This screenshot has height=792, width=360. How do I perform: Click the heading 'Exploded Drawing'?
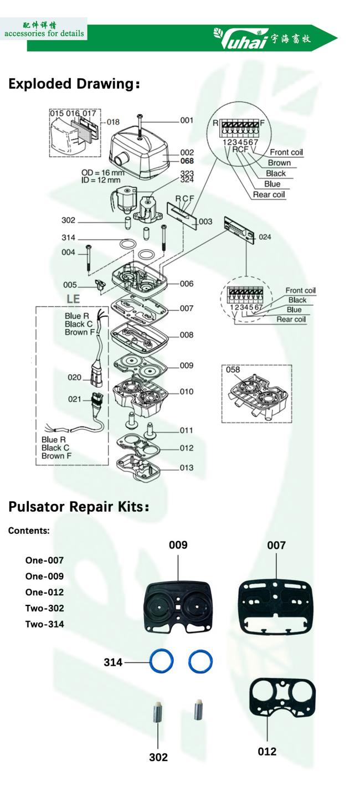pyautogui.click(x=74, y=84)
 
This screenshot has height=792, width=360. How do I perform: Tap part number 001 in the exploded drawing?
pyautogui.click(x=187, y=120)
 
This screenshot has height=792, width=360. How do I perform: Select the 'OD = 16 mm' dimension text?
pyautogui.click(x=103, y=173)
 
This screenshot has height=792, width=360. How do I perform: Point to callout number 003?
pyautogui.click(x=205, y=222)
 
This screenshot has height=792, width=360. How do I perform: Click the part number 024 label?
pyautogui.click(x=265, y=237)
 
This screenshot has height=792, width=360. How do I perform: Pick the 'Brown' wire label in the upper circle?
pyautogui.click(x=279, y=163)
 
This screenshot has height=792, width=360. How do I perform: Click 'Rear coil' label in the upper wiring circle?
pyautogui.click(x=269, y=194)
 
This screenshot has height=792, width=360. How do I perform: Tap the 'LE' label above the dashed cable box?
pyautogui.click(x=73, y=299)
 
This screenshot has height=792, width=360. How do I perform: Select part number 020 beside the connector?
pyautogui.click(x=74, y=377)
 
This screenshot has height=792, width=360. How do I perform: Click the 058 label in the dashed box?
pyautogui.click(x=233, y=369)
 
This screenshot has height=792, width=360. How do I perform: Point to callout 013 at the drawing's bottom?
pyautogui.click(x=187, y=467)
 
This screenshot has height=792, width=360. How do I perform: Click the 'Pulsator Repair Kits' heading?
pyautogui.click(x=79, y=507)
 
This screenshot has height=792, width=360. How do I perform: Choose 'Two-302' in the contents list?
pyautogui.click(x=44, y=608)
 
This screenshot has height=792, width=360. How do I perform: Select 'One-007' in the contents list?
pyautogui.click(x=44, y=560)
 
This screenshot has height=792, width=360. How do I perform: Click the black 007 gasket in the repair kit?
pyautogui.click(x=276, y=606)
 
